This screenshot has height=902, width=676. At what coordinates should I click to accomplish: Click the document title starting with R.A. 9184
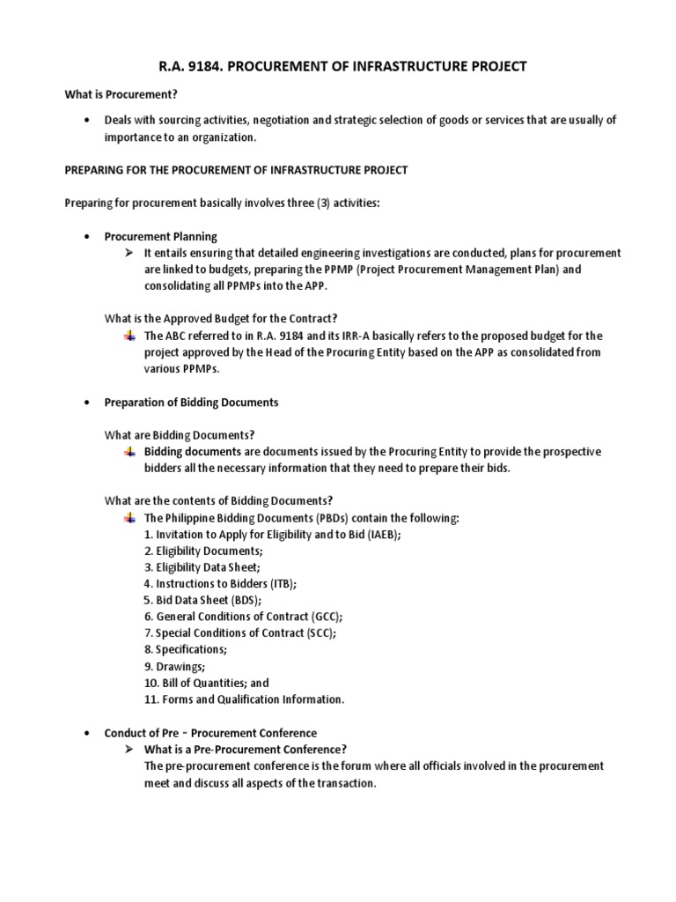click(338, 66)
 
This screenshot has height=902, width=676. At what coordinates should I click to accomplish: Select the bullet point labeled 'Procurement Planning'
click(160, 237)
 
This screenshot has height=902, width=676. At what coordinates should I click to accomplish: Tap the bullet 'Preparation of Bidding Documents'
click(191, 402)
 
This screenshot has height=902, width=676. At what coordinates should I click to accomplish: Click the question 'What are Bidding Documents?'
click(179, 434)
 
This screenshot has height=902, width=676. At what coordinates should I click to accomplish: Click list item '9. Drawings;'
click(173, 666)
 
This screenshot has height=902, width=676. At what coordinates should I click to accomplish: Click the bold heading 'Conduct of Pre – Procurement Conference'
click(210, 733)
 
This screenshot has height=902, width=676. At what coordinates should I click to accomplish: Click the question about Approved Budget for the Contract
click(220, 319)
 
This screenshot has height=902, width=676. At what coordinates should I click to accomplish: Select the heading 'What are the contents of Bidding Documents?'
click(218, 500)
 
